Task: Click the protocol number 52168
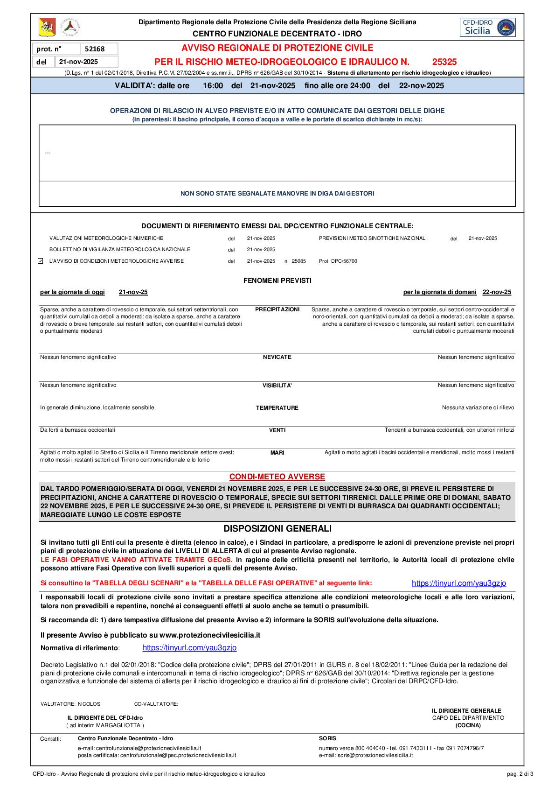pyautogui.click(x=95, y=49)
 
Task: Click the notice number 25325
pyautogui.click(x=444, y=62)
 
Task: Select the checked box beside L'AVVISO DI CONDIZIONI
pyautogui.click(x=41, y=261)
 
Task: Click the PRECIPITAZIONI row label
pyautogui.click(x=277, y=309)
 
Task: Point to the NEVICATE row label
pyautogui.click(x=277, y=357)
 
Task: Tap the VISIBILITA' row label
pyautogui.click(x=277, y=386)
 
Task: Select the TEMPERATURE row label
pyautogui.click(x=277, y=408)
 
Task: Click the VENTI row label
pyautogui.click(x=277, y=430)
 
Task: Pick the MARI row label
pyautogui.click(x=277, y=453)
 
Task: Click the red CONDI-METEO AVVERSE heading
pyautogui.click(x=277, y=477)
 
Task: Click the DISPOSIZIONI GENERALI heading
pyautogui.click(x=277, y=528)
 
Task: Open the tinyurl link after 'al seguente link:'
pyautogui.click(x=458, y=583)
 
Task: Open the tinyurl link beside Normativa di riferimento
pyautogui.click(x=189, y=648)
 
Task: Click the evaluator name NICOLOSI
pyautogui.click(x=90, y=704)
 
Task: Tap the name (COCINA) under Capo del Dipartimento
pyautogui.click(x=468, y=725)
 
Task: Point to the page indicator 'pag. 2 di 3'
pyautogui.click(x=520, y=774)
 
